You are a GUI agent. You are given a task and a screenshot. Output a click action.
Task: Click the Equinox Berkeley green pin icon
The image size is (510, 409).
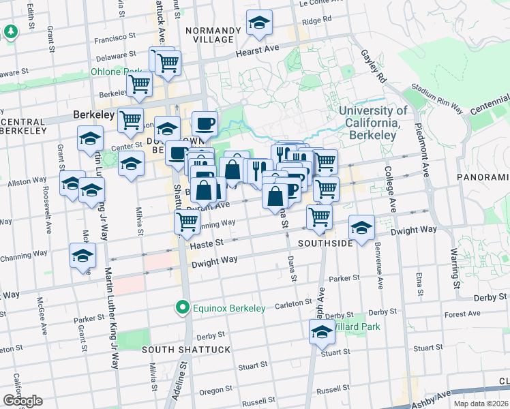[182, 308]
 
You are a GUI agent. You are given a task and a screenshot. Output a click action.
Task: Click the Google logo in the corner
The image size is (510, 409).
[22, 401]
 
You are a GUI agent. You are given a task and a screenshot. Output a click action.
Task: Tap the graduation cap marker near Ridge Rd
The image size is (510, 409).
[259, 24]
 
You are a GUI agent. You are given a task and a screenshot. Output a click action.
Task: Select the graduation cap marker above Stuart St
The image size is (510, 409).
[321, 332]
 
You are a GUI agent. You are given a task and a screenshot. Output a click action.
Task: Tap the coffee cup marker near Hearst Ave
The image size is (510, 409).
[204, 123]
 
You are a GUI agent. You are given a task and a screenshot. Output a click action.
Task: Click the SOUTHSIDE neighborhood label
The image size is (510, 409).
[325, 243]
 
